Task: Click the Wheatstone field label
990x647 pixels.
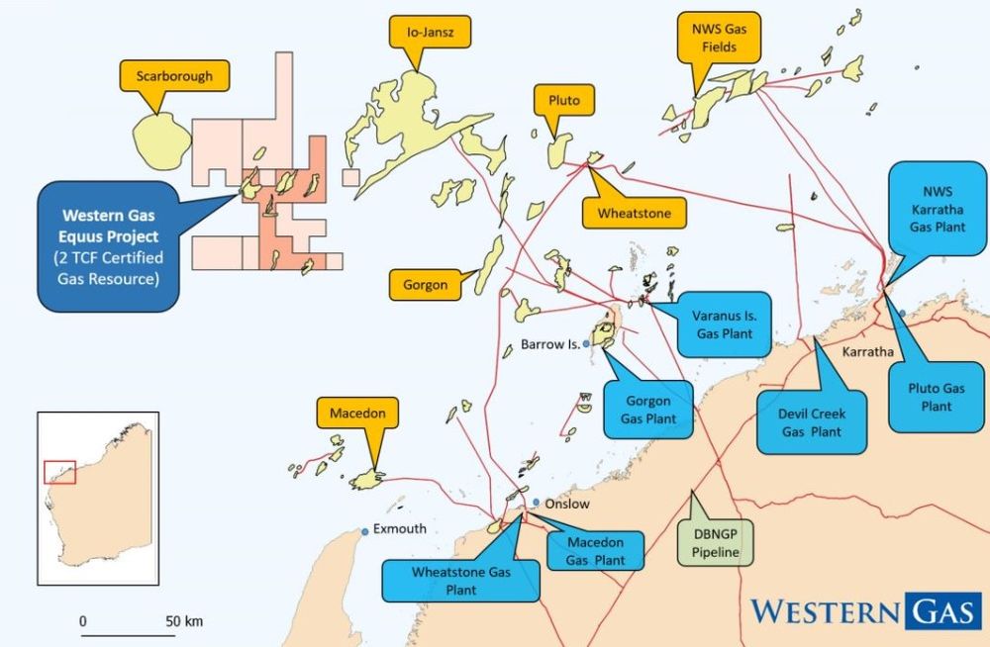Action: pyautogui.click(x=635, y=213)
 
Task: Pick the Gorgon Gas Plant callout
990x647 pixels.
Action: pyautogui.click(x=648, y=410)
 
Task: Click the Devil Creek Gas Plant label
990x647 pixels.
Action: pyautogui.click(x=812, y=422)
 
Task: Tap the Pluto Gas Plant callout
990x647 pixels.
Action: pyautogui.click(x=936, y=397)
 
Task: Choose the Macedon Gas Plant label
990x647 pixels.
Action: pyautogui.click(x=595, y=551)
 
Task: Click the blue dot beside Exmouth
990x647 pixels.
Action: pyautogui.click(x=365, y=532)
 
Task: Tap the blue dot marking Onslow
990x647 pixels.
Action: pyautogui.click(x=536, y=503)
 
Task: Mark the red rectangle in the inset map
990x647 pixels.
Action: pyautogui.click(x=59, y=471)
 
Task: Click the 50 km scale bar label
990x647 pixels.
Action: pyautogui.click(x=185, y=621)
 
